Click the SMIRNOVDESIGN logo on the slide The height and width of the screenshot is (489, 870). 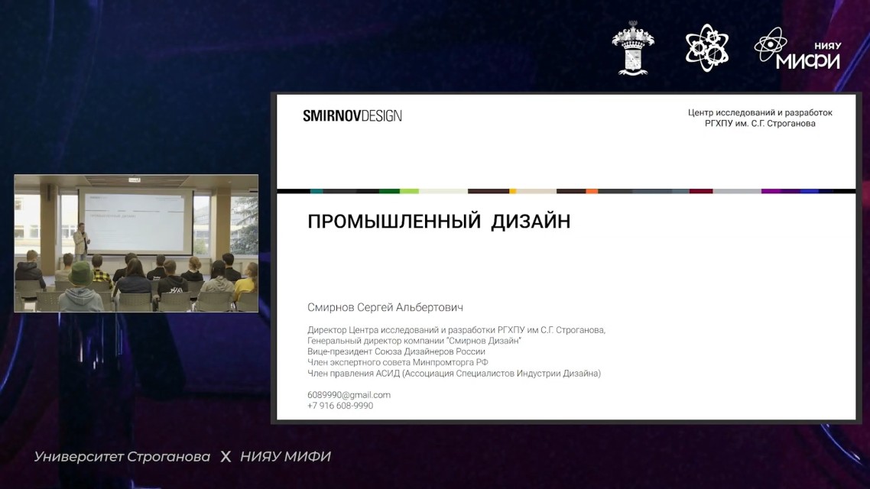tap(352, 116)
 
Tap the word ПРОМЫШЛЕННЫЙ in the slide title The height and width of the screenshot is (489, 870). tap(394, 222)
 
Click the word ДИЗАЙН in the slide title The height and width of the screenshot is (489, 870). tap(531, 222)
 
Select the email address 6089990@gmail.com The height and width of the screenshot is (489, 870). tap(349, 395)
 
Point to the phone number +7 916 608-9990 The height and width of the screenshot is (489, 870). tap(340, 406)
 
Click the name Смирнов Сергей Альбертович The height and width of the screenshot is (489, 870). tap(385, 307)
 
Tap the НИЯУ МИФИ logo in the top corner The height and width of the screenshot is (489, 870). tap(798, 49)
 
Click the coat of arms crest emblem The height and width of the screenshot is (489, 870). tap(633, 47)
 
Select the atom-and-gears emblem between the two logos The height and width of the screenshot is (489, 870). tap(706, 47)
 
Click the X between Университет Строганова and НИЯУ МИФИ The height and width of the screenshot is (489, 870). tap(226, 457)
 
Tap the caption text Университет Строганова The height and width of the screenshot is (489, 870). tap(122, 457)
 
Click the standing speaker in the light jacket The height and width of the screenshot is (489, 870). tap(81, 241)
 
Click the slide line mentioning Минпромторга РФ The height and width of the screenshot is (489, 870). tap(398, 362)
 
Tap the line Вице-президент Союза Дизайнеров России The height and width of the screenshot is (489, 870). tap(396, 351)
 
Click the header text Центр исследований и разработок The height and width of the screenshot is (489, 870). tap(760, 112)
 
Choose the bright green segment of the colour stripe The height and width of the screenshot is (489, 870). tap(409, 191)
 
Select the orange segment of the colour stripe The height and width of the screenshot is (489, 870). tap(592, 191)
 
